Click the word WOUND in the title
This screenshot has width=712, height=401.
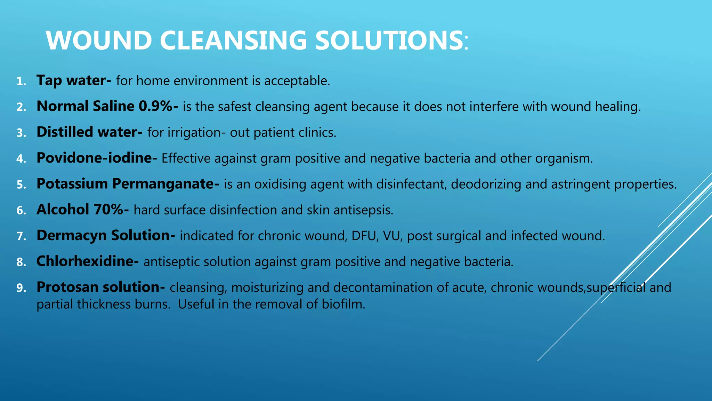(x=99, y=40)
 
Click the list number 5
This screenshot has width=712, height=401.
(x=21, y=185)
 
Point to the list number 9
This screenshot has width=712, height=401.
(x=21, y=288)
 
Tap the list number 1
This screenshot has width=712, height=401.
(x=21, y=82)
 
